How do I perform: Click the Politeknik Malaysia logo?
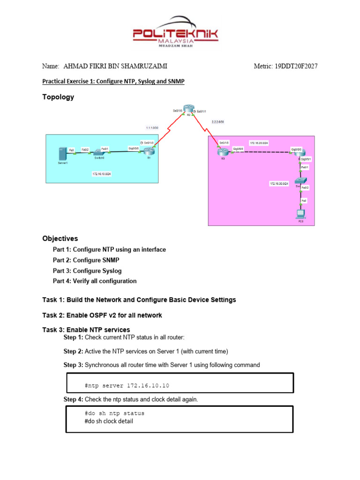click(x=180, y=32)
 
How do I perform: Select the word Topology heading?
click(x=58, y=97)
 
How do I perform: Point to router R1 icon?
click(x=149, y=151)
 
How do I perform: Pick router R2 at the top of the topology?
click(x=188, y=108)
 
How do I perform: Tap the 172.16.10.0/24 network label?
click(x=102, y=174)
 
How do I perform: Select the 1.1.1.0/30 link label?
click(x=152, y=127)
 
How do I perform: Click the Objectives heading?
click(x=60, y=239)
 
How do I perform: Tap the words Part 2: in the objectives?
click(x=62, y=260)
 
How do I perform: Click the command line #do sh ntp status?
click(x=114, y=413)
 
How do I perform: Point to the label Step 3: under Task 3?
click(x=73, y=365)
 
